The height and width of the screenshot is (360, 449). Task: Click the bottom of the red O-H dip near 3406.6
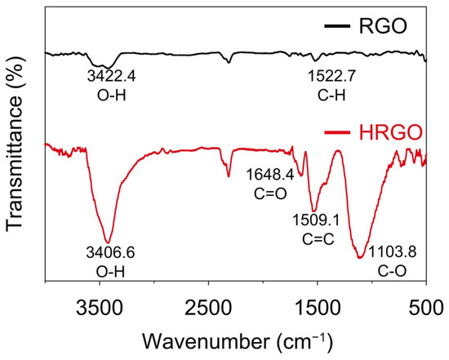(x=108, y=242)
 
